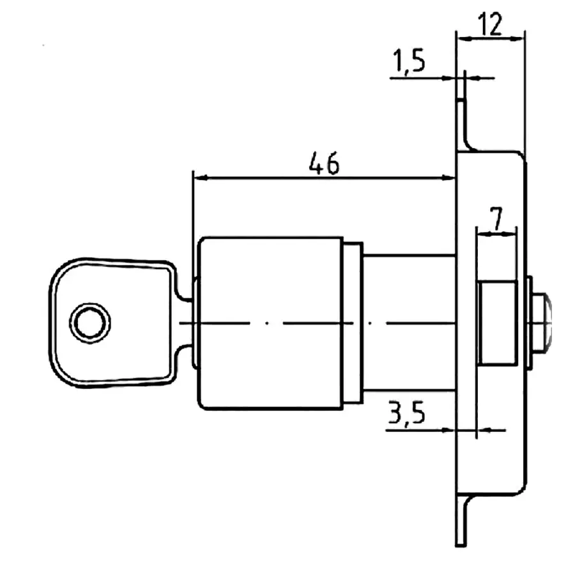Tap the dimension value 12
[491, 24]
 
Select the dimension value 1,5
[409, 61]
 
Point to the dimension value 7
[496, 219]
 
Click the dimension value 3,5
[406, 413]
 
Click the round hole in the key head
[90, 323]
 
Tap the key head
[110, 323]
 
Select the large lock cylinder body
[271, 323]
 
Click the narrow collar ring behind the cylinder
[353, 323]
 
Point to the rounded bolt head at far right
[542, 323]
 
